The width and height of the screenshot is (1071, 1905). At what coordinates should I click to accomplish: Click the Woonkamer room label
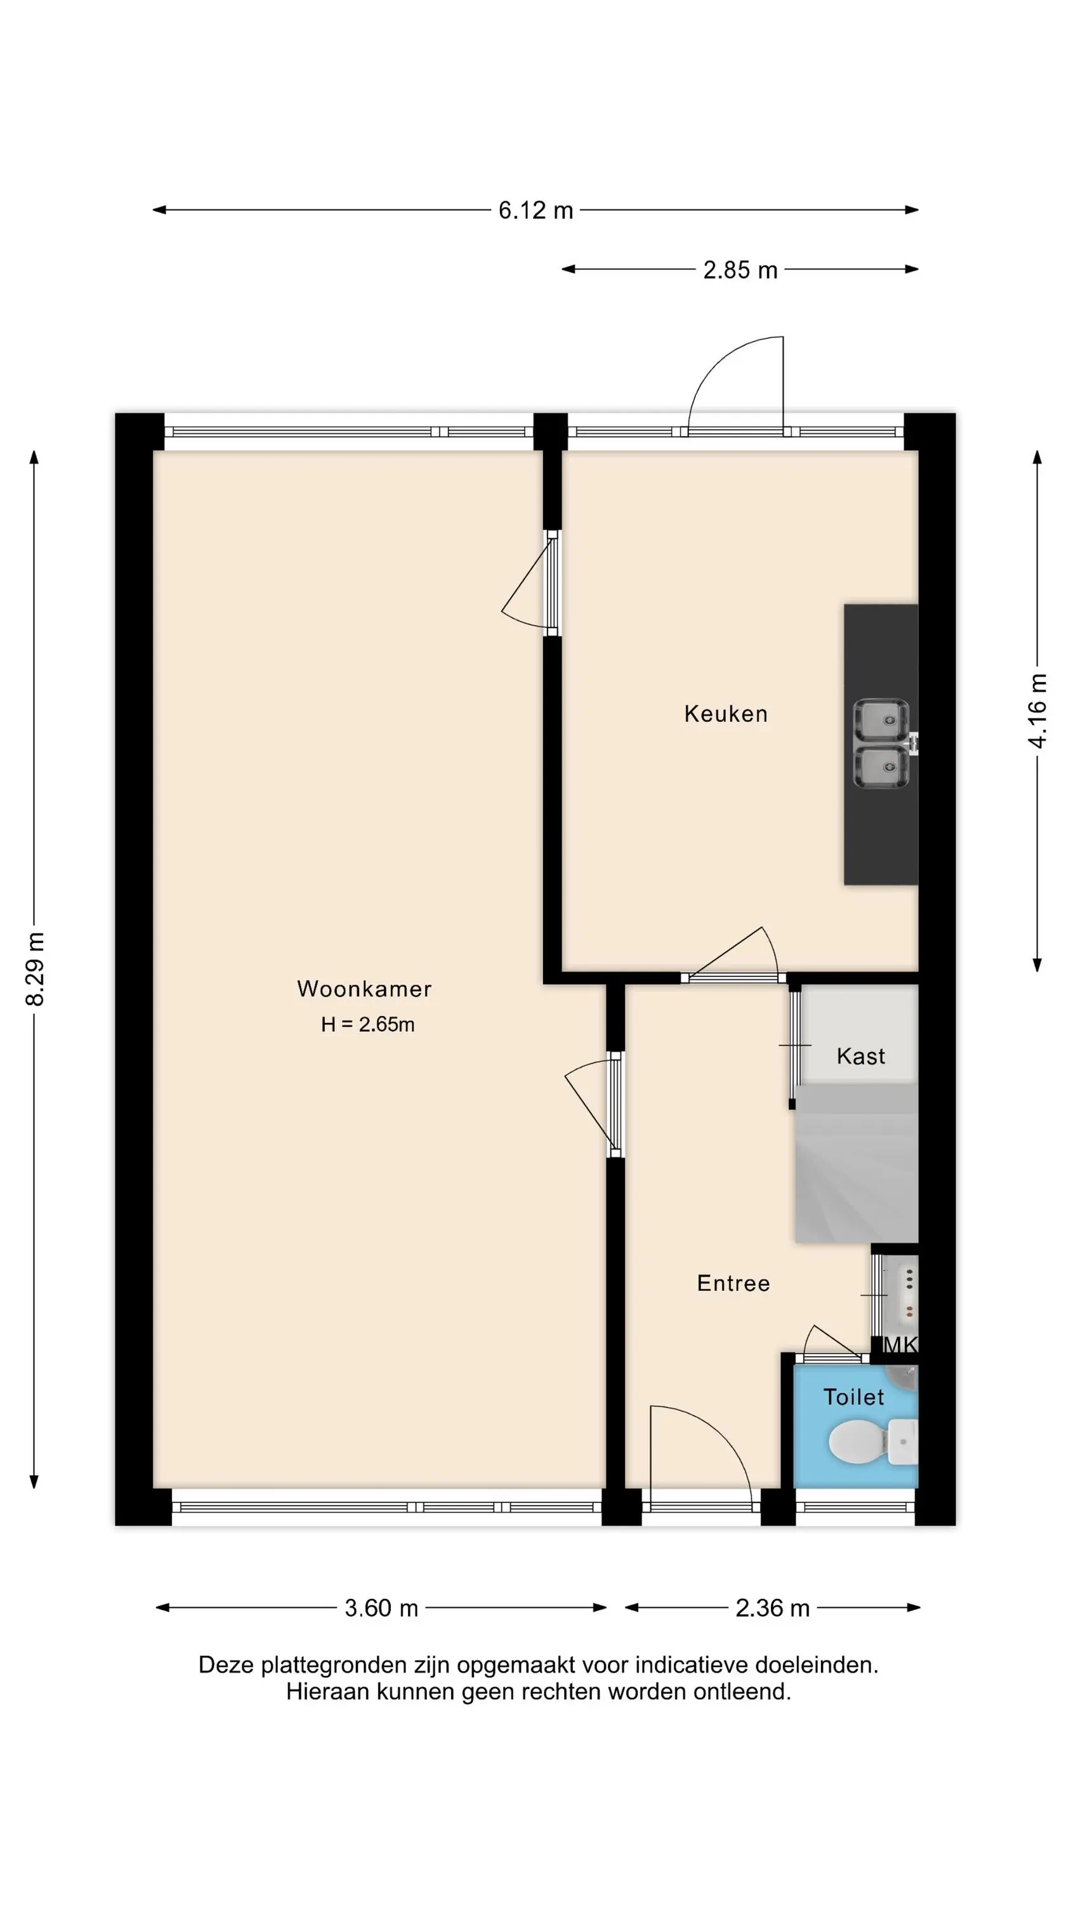click(x=364, y=989)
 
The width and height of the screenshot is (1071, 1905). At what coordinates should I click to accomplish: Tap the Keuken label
click(x=726, y=714)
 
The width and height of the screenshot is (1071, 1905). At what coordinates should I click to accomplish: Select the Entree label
click(x=733, y=1283)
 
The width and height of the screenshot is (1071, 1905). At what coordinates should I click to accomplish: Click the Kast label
click(x=861, y=1056)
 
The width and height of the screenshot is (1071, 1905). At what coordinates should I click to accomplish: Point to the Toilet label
click(x=854, y=1397)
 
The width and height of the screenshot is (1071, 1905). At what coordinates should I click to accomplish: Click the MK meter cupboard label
click(x=901, y=1344)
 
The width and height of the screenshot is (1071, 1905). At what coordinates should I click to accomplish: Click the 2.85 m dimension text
click(x=740, y=270)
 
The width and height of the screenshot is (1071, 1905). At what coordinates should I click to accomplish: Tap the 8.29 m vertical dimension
click(x=35, y=970)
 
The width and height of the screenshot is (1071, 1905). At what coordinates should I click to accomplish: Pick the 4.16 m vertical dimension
click(x=1038, y=711)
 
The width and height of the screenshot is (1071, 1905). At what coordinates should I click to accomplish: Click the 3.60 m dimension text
click(x=381, y=1608)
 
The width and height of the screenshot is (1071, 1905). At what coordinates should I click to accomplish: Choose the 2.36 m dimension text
click(x=772, y=1608)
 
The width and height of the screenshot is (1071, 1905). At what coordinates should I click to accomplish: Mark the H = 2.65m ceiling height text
click(x=367, y=1024)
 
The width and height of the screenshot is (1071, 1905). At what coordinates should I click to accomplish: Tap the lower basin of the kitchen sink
click(x=880, y=767)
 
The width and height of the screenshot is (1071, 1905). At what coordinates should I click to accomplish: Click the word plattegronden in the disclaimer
click(x=317, y=1666)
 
